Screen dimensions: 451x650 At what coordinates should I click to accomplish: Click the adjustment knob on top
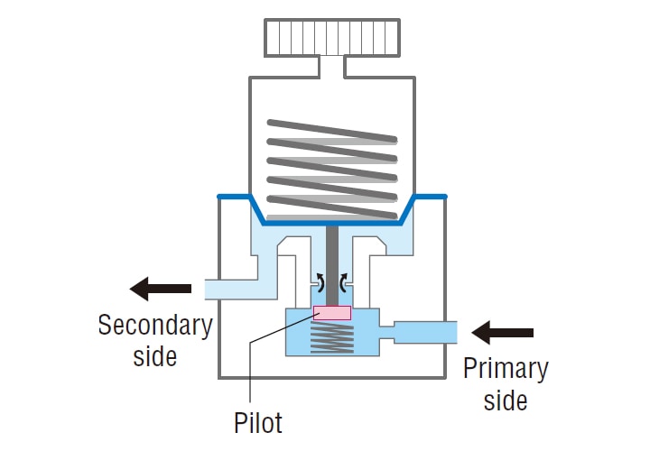(x=332, y=35)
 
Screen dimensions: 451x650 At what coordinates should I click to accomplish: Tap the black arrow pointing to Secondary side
(x=161, y=289)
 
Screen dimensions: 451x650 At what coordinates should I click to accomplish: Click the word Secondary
(x=154, y=325)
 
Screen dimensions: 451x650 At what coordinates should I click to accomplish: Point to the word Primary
(x=505, y=369)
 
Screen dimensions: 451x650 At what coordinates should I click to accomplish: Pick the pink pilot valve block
(x=332, y=313)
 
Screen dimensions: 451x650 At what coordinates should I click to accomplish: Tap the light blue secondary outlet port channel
(x=237, y=289)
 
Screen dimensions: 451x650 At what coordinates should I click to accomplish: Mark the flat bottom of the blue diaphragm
(x=332, y=222)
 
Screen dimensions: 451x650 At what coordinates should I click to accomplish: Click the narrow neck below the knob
(x=332, y=66)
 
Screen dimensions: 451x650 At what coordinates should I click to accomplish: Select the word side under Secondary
(x=155, y=355)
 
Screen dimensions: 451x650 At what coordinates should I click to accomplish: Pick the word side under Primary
(x=506, y=400)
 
